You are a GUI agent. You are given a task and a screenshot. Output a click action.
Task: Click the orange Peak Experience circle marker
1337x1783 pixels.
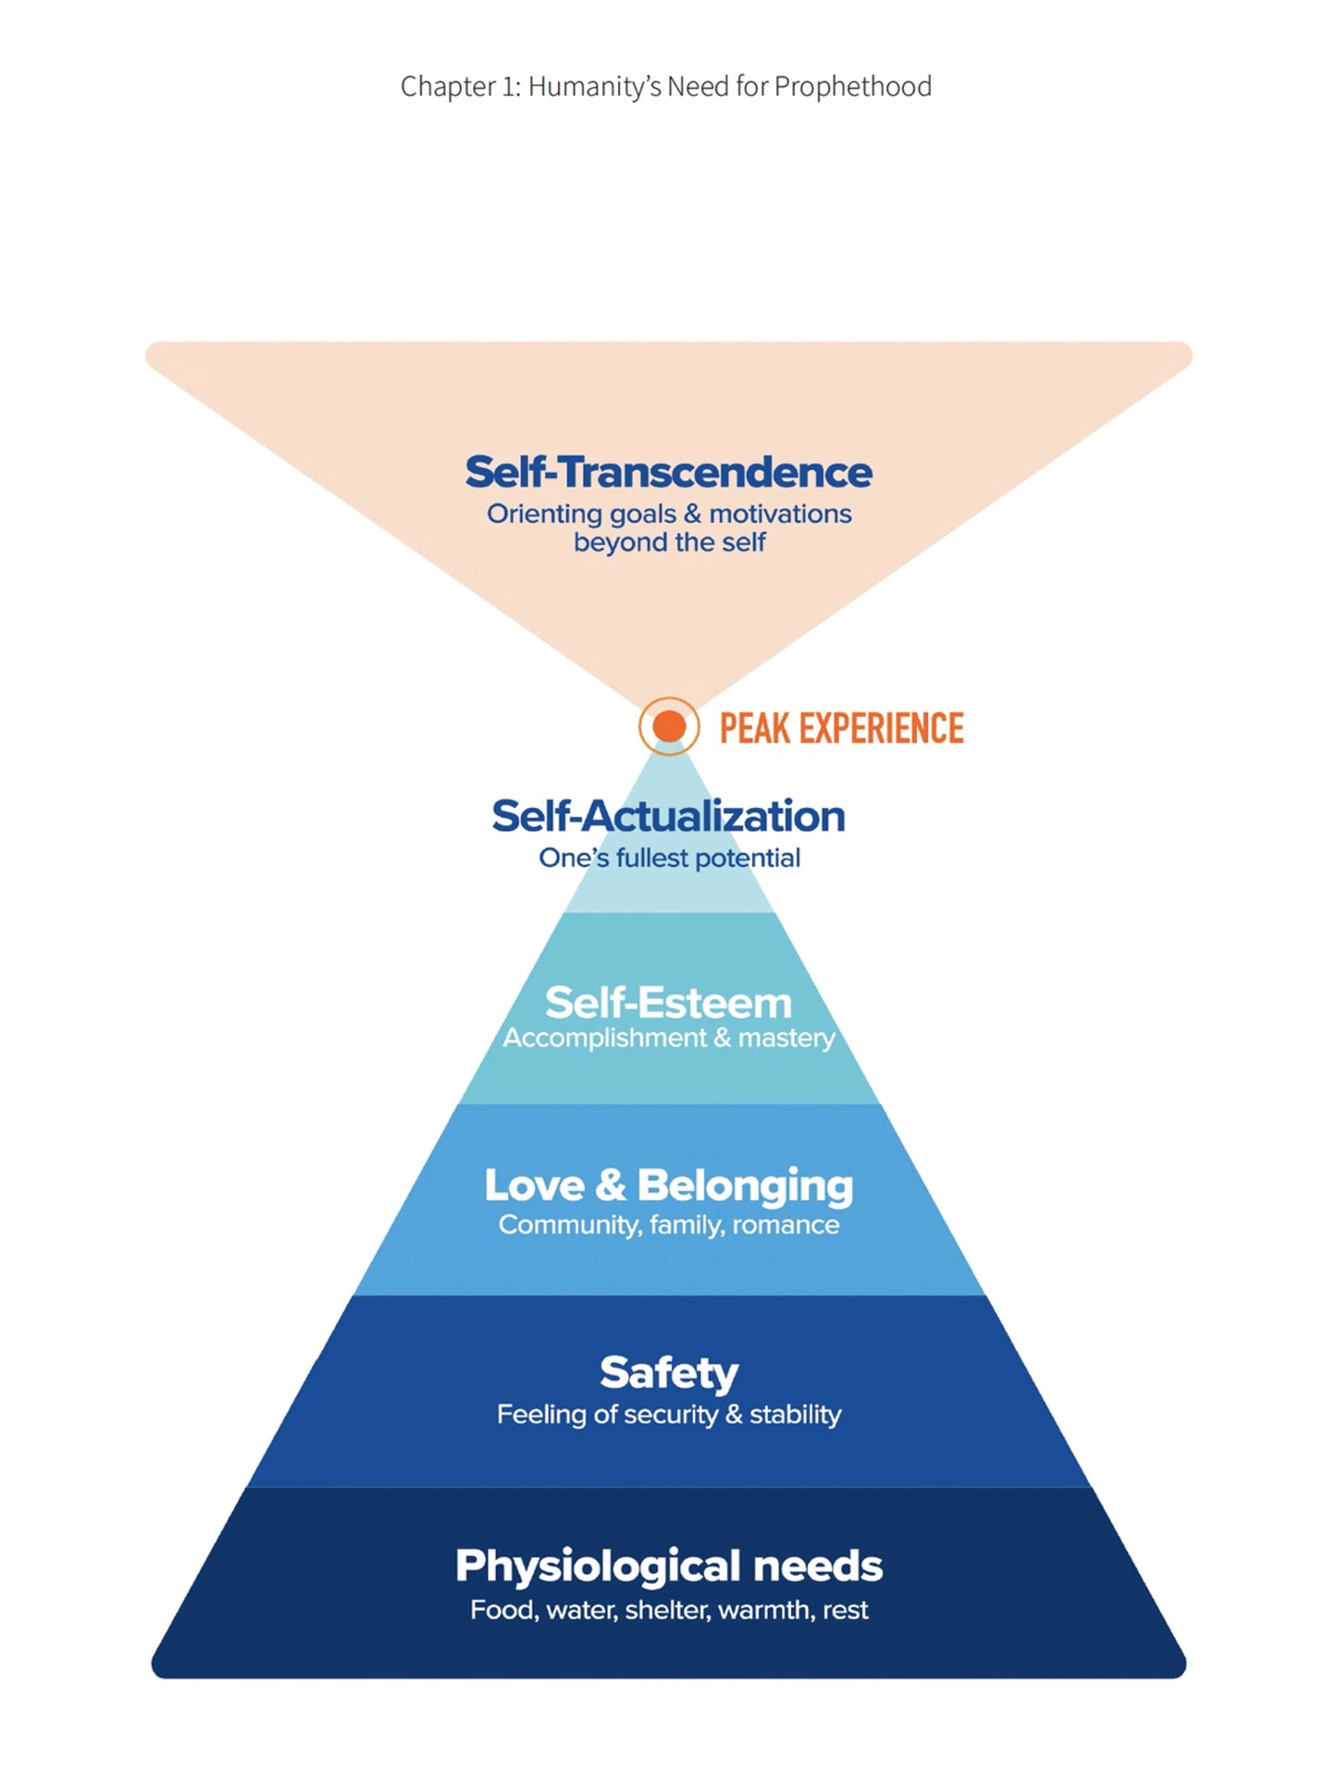tap(668, 726)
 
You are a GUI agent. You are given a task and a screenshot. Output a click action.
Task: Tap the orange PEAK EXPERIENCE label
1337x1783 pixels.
tap(841, 728)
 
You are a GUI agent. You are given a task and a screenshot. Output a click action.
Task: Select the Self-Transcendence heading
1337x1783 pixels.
tap(668, 472)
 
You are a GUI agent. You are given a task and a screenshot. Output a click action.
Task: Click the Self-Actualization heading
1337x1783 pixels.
tap(668, 816)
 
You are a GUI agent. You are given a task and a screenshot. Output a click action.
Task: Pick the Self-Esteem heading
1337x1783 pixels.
tap(668, 1002)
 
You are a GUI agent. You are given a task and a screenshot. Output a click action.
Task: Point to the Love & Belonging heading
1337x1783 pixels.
tap(668, 1185)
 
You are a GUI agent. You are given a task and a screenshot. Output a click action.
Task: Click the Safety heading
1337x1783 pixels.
tap(668, 1372)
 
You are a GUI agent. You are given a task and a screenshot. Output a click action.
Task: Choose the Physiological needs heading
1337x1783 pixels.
tap(668, 1566)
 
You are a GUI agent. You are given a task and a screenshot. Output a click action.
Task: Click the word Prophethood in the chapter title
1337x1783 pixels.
tap(852, 86)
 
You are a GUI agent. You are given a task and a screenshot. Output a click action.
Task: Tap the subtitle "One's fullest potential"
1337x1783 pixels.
tap(669, 858)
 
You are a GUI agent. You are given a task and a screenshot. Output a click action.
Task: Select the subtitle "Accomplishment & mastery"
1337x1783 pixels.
tap(668, 1038)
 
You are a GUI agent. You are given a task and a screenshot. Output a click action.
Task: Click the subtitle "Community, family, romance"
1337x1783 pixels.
tap(668, 1225)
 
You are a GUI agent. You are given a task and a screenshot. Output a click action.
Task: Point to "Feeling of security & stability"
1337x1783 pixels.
tap(668, 1414)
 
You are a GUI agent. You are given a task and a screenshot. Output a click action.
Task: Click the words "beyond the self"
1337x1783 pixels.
tap(669, 542)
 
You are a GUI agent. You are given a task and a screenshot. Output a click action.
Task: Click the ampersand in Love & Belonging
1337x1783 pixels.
tap(610, 1185)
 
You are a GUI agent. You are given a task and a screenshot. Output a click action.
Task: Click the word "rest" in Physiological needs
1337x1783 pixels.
tap(845, 1610)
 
